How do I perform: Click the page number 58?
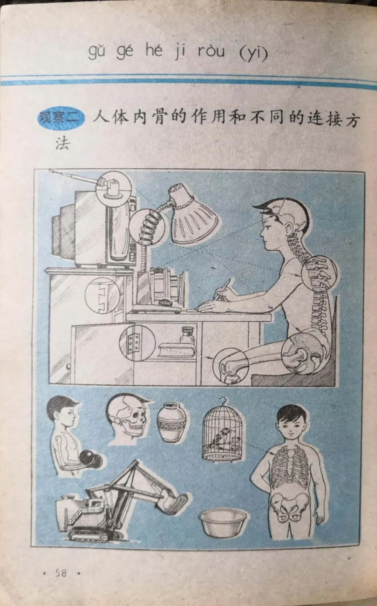(60, 573)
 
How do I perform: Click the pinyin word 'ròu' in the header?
(211, 52)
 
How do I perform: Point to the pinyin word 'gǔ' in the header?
(97, 52)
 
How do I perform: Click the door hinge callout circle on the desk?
(136, 342)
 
